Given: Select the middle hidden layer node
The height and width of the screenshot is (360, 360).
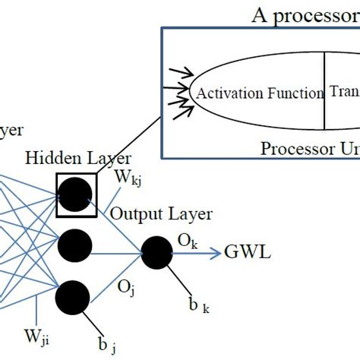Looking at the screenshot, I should click(x=74, y=246).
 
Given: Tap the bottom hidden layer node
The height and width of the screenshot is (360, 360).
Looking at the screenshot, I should click(x=74, y=295).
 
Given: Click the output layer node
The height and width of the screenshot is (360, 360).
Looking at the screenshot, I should click(x=157, y=253).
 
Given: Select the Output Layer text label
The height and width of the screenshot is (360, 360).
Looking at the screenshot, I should click(x=161, y=214).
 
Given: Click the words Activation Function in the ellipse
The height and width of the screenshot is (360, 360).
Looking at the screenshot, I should click(x=259, y=93).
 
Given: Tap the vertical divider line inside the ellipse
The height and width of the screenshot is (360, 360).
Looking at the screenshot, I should click(x=325, y=91).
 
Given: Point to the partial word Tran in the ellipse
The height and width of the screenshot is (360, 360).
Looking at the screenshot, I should click(x=344, y=92).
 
